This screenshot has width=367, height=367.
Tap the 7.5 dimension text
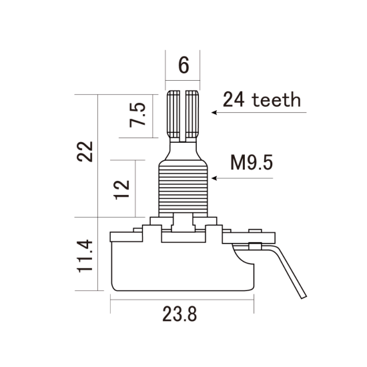[137, 115]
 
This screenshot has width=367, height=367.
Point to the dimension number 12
[121, 189]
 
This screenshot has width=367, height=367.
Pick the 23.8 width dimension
[181, 314]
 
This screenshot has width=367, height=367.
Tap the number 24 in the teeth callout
[234, 101]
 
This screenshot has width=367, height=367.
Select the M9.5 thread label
[251, 163]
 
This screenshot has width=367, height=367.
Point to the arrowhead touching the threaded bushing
[214, 179]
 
